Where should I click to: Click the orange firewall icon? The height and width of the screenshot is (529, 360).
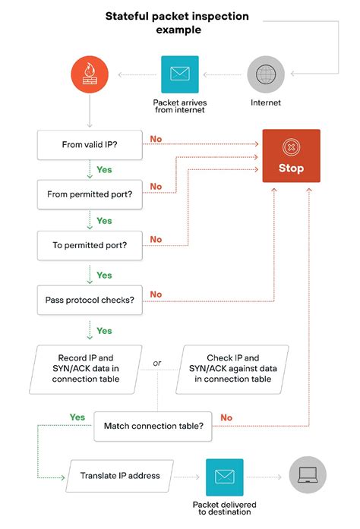point(90,74)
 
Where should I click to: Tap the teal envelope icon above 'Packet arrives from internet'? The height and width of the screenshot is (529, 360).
point(179,74)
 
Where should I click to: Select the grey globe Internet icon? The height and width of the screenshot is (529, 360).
point(266,74)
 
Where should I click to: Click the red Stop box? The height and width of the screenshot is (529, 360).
point(291,156)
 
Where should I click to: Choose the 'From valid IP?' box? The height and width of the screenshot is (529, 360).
point(90,143)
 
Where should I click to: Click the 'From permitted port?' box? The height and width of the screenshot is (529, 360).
point(90,194)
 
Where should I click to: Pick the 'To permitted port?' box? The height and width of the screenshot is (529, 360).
point(90,245)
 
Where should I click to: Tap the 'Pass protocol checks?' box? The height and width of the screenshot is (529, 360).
point(90,300)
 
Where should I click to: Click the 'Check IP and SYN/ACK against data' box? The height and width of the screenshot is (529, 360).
point(232,368)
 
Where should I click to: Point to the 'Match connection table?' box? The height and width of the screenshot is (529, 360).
point(153,426)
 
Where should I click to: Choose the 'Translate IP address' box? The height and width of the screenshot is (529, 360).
point(120,476)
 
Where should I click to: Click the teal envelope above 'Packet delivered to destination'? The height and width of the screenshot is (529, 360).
point(224,477)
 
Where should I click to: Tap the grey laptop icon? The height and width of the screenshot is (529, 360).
point(307,477)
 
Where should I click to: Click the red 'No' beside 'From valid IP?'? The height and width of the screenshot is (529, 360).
point(156,138)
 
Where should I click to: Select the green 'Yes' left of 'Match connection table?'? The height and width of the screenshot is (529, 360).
point(77,417)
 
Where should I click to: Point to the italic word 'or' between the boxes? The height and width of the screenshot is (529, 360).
point(157,363)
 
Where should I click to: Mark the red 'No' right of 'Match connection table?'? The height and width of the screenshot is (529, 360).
point(226,417)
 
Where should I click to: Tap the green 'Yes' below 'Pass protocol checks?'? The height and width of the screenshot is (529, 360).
point(104,331)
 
